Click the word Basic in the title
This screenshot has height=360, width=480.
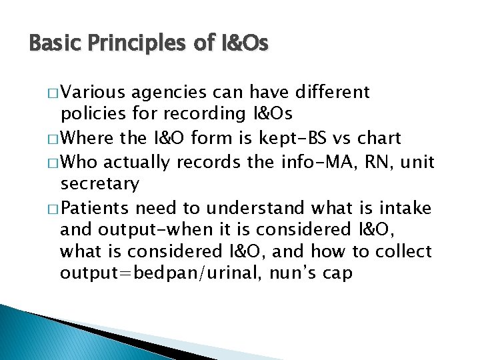coord(52,44)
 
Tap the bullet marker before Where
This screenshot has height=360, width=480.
coord(54,139)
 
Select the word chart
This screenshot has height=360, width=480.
coord(379,138)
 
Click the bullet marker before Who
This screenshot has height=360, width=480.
coord(54,161)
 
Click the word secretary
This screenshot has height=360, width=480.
coord(99,183)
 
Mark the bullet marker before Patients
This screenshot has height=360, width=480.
coord(54,207)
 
